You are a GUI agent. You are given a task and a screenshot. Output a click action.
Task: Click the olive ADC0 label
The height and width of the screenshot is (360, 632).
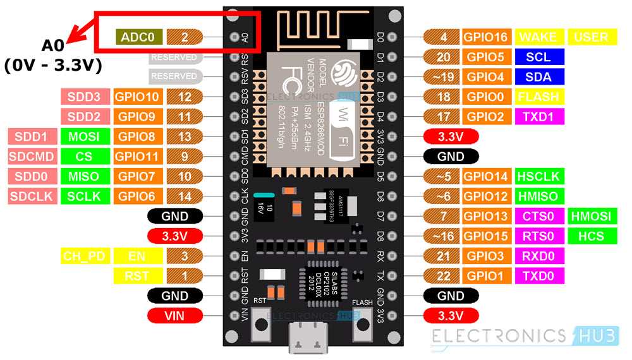click(x=138, y=37)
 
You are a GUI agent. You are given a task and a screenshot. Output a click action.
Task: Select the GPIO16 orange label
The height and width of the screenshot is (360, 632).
click(x=486, y=37)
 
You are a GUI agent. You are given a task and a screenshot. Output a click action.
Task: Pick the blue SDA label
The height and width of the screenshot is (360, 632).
click(x=538, y=77)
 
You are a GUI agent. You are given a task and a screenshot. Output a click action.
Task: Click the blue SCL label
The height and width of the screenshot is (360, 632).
click(x=538, y=57)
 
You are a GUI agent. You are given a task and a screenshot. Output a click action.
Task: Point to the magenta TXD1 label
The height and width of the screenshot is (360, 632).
click(x=538, y=117)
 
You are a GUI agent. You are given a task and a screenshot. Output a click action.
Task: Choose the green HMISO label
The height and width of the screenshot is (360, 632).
click(x=538, y=196)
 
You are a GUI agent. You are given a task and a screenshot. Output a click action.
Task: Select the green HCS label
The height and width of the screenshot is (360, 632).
click(x=590, y=236)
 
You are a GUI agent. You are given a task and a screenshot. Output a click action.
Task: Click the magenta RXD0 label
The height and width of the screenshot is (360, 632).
click(x=538, y=256)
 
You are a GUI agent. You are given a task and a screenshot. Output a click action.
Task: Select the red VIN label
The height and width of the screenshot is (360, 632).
click(x=174, y=315)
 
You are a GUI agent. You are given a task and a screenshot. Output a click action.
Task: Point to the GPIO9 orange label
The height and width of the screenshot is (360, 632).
click(x=138, y=117)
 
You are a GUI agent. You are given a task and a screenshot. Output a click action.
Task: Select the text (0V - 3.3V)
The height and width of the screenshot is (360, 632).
click(x=53, y=65)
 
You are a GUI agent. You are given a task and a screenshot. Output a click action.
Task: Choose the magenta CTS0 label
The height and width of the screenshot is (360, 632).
click(x=538, y=217)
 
